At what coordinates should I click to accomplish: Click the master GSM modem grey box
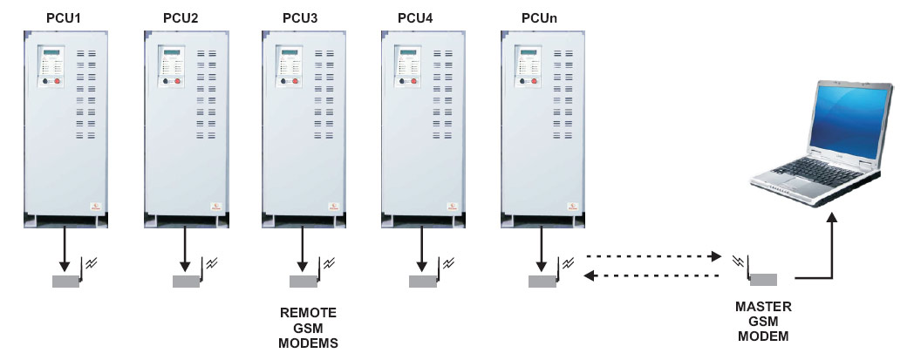(763, 280)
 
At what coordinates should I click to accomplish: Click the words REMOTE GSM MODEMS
(307, 327)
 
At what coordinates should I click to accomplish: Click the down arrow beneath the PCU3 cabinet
(302, 248)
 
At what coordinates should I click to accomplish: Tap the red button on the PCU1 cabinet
(58, 81)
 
